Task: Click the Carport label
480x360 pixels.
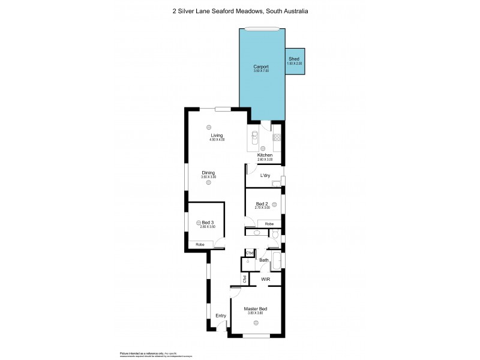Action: click(x=261, y=66)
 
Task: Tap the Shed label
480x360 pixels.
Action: click(x=294, y=59)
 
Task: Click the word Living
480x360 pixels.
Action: click(x=208, y=136)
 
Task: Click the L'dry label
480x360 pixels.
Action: click(x=265, y=176)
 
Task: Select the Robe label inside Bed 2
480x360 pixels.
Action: click(x=269, y=224)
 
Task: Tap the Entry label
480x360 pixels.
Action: click(x=221, y=316)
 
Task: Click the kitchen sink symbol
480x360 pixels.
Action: click(x=254, y=136)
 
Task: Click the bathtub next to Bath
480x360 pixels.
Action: click(x=275, y=261)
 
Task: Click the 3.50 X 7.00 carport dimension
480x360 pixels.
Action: click(x=261, y=71)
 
